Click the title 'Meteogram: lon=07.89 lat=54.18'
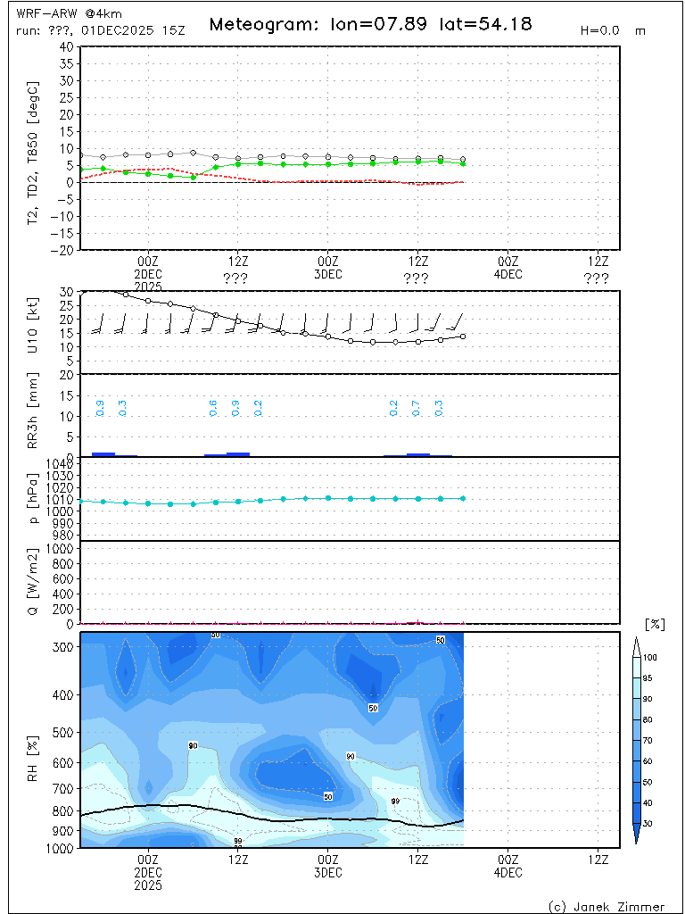(370, 24)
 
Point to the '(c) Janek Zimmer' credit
(607, 906)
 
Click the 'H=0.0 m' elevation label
(613, 29)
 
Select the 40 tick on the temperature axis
(66, 46)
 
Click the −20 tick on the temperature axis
(62, 251)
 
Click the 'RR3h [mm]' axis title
(34, 416)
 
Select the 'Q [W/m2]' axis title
(34, 582)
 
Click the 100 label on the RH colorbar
(651, 657)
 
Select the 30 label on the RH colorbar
(651, 823)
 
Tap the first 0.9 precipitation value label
(100, 409)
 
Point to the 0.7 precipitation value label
(416, 409)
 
